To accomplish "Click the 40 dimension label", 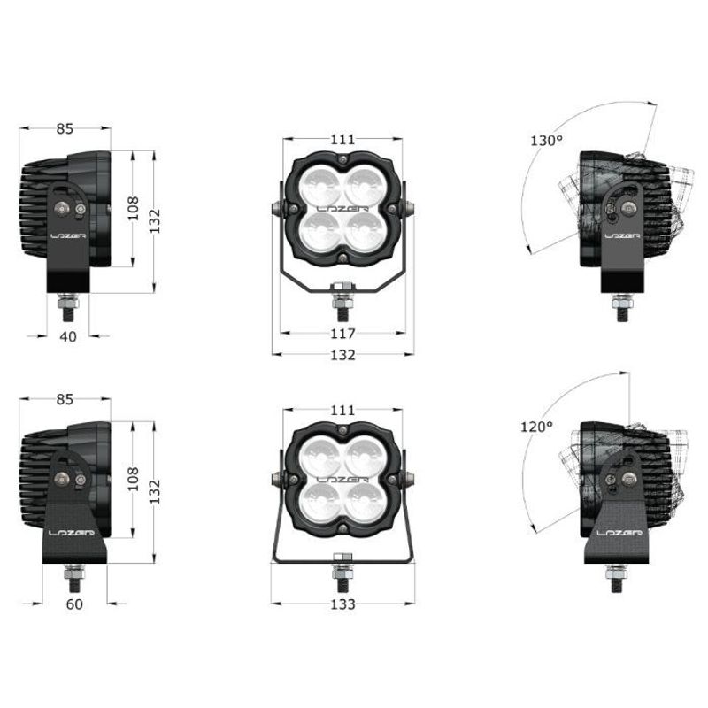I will [68, 336].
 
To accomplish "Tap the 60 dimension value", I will [74, 604].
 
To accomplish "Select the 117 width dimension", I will [342, 334].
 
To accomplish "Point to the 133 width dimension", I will [342, 604].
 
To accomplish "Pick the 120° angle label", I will [536, 427].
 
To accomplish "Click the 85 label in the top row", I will [65, 128].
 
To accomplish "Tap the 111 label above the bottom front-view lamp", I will [342, 411].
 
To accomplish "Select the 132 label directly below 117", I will [342, 355].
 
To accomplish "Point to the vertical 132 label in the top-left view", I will [154, 218].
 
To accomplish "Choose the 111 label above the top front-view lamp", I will [342, 139].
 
